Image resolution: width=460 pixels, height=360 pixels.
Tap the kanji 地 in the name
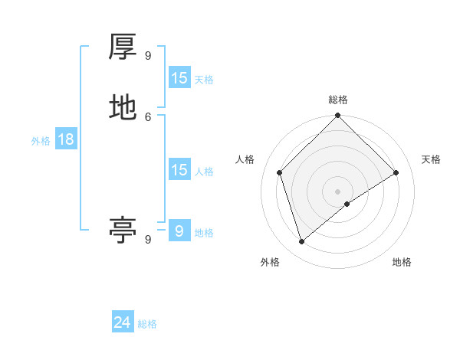pos(123,107)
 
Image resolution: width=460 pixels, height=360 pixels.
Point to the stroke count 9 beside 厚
pos(148,55)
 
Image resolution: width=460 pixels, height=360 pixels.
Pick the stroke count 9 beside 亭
pos(148,239)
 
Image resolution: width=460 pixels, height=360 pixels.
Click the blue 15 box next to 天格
pos(179,78)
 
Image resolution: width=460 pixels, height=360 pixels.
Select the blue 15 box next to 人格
pos(179,170)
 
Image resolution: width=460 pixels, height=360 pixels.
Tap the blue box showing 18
pos(66,139)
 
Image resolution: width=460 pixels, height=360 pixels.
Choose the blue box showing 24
pos(123,322)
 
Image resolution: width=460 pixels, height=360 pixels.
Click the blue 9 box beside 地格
pos(179,231)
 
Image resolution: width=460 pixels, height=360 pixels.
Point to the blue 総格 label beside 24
pos(147,324)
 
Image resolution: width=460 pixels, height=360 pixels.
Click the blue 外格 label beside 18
pos(41,141)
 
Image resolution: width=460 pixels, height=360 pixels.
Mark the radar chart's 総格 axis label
pos(338,100)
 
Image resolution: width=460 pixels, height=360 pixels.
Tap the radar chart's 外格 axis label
pos(270,262)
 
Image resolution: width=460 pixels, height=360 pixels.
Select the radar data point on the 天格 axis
pos(396,172)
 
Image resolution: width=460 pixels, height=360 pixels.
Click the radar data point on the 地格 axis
pos(347,204)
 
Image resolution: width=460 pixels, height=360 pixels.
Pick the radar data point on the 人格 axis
pos(280,172)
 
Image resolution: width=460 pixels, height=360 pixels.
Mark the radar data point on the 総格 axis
pos(338,116)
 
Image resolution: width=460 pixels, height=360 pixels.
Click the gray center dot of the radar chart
pos(338,191)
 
